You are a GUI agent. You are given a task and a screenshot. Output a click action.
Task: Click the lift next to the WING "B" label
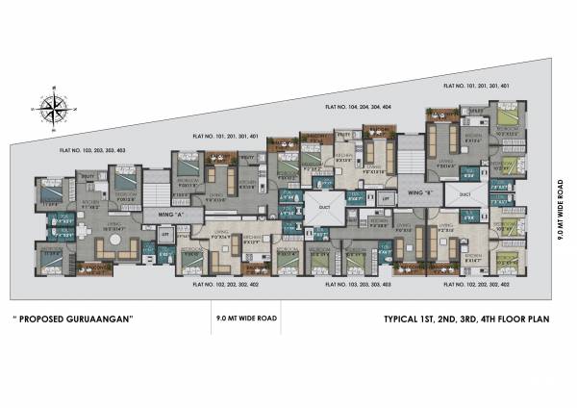385,198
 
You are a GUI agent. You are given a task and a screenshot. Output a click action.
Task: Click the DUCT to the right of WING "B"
464,193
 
